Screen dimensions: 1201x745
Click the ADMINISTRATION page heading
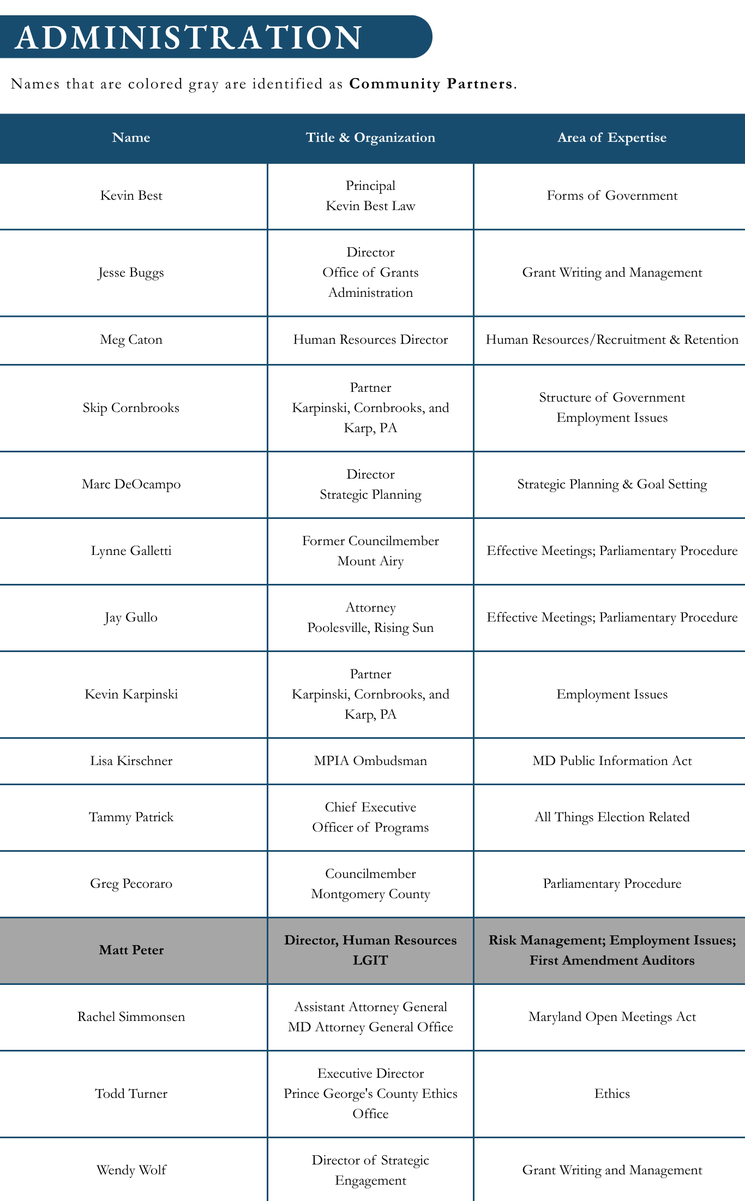[188, 37]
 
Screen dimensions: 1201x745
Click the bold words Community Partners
[431, 84]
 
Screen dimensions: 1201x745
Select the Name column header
[131, 138]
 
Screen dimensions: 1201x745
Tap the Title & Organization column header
[370, 138]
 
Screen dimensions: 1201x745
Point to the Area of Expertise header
[611, 138]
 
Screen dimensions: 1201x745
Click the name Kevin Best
[131, 196]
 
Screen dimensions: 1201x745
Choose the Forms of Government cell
[612, 196]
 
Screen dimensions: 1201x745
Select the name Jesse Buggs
[131, 273]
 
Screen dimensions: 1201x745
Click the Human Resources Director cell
[370, 340]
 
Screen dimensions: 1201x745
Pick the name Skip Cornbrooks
[131, 408]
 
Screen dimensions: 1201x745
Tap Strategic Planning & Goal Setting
[612, 485]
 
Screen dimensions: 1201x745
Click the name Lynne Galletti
[131, 551]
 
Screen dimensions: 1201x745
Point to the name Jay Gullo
[131, 618]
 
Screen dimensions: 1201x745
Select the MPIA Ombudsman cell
[370, 761]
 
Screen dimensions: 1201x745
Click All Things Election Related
[612, 817]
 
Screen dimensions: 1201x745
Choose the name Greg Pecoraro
[131, 884]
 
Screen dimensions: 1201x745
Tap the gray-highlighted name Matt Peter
[131, 951]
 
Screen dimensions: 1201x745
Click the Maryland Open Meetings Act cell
[612, 1017]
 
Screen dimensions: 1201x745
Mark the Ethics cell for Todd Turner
[612, 1094]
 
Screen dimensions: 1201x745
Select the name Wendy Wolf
[131, 1170]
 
